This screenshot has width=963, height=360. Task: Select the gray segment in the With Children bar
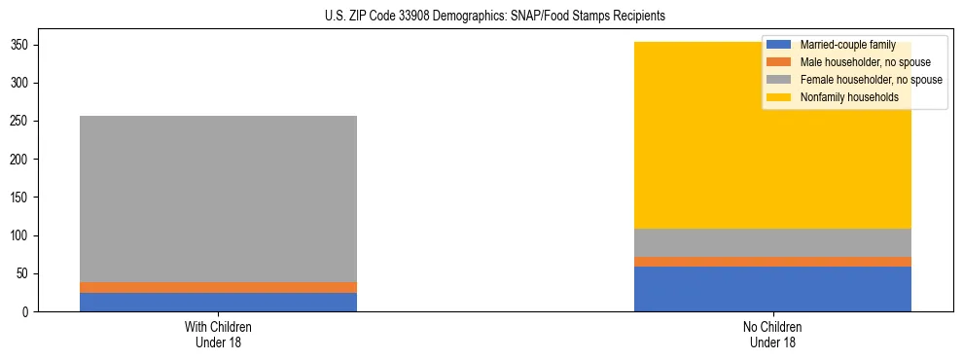point(218,198)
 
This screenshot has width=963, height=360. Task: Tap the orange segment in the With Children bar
point(218,287)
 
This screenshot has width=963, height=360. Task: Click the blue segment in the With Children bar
point(218,302)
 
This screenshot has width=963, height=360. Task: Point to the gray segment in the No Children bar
point(772,242)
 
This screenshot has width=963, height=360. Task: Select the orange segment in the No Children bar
point(772,262)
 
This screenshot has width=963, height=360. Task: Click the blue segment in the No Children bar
point(772,289)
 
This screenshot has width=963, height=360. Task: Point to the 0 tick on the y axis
point(30,312)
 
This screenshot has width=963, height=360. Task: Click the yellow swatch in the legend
point(779,97)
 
